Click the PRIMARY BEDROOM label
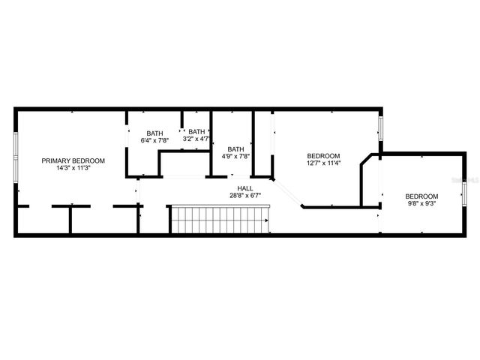coord(73,160)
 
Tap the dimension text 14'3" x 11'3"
coord(73,169)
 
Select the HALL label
coord(245,188)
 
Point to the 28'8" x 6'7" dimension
coord(245,196)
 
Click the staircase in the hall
coord(220,220)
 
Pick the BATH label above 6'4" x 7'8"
coord(154,133)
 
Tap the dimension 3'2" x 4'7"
coord(196,139)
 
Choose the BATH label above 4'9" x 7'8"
coord(235,148)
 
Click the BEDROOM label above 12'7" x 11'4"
coord(323,155)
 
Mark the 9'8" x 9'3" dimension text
coord(421,202)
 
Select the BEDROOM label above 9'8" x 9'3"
coord(421,194)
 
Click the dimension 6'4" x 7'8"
coord(154,140)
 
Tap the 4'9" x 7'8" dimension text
coord(235,156)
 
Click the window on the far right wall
coord(465,193)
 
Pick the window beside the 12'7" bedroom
coord(380,127)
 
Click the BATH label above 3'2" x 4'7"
coord(196,131)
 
